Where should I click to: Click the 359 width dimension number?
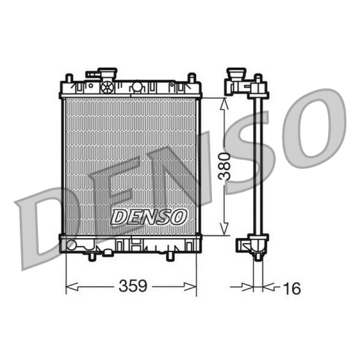(132, 286)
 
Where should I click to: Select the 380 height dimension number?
(224, 166)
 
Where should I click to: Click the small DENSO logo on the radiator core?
(148, 217)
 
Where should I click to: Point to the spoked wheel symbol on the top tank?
(108, 87)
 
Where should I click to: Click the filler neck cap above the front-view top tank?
(107, 73)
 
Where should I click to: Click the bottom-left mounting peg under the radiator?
(92, 256)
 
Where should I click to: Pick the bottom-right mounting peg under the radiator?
(170, 256)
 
